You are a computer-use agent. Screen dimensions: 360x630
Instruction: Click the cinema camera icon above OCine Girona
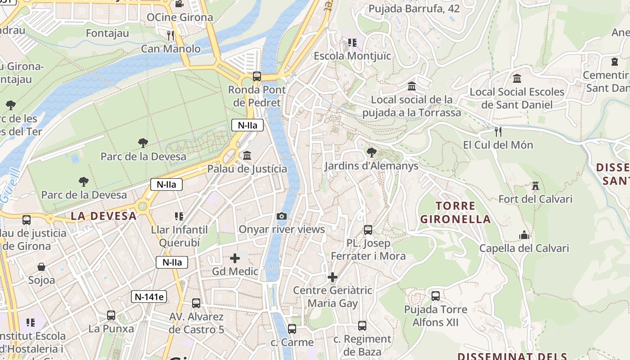click(179, 4)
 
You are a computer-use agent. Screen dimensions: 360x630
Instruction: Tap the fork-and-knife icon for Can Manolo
click(171, 35)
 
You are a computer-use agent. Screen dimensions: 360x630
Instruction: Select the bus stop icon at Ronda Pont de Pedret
click(257, 76)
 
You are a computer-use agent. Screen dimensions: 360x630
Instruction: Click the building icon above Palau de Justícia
click(247, 156)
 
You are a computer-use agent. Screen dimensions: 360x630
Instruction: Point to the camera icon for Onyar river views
click(282, 216)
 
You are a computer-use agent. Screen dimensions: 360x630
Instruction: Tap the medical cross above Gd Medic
click(235, 258)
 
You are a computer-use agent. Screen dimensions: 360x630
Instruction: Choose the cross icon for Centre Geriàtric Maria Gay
click(333, 277)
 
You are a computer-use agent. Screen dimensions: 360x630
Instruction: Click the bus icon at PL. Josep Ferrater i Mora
click(368, 230)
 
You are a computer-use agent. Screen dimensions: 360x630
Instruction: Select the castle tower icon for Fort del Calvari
click(535, 186)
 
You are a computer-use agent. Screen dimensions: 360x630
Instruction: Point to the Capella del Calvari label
click(524, 248)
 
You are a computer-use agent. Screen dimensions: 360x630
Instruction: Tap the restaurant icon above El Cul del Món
click(498, 132)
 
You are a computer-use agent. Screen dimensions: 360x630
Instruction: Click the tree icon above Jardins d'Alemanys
click(371, 153)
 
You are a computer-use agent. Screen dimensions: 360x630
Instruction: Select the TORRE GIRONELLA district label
click(455, 213)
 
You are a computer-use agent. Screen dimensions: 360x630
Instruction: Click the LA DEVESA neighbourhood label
click(103, 216)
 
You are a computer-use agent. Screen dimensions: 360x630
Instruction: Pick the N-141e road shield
click(149, 297)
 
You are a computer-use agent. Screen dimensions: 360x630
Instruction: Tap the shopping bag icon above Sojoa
click(41, 267)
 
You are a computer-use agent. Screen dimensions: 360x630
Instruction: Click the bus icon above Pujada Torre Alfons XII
click(436, 296)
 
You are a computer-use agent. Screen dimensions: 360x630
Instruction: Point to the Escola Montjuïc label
click(352, 56)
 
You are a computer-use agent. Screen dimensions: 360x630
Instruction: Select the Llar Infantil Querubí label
click(179, 236)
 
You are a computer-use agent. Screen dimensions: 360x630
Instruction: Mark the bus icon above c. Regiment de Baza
click(362, 325)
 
